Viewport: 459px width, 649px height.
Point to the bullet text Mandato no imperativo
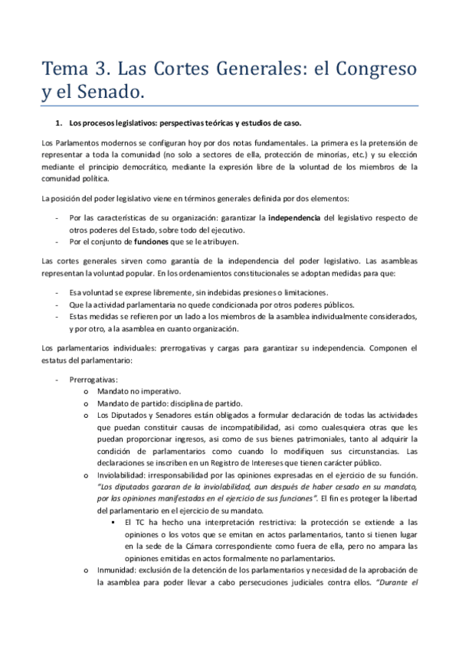click(139, 392)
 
